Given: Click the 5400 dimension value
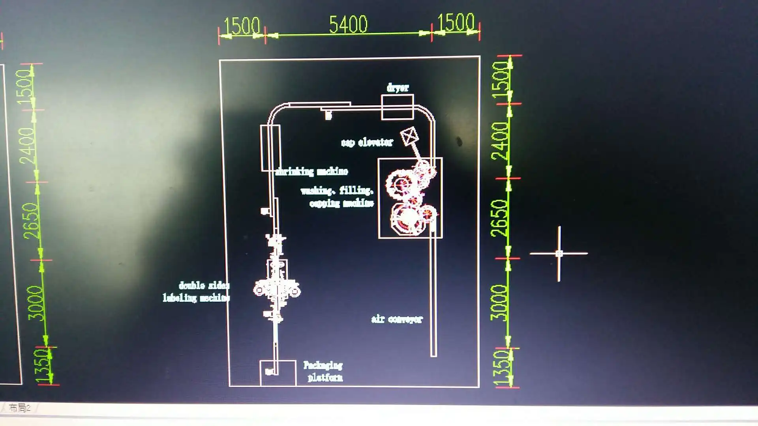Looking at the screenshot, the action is point(348,24).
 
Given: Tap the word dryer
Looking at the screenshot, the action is point(398,88).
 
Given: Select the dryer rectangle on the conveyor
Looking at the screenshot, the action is point(397,107).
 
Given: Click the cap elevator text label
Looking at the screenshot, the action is point(367,142).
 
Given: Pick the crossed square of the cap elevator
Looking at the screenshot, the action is point(409,136).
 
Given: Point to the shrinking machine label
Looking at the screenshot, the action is point(311,171).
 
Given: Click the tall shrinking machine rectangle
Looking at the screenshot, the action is point(270,148).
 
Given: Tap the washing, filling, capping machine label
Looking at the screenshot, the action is point(338,197).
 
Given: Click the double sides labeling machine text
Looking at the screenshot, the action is point(196,291).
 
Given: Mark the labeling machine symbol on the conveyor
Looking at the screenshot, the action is point(276,288).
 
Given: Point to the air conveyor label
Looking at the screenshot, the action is point(397,319).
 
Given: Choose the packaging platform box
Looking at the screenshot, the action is point(278,373).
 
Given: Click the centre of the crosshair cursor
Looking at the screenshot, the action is point(559,254).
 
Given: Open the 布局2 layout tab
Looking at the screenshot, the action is point(19,408).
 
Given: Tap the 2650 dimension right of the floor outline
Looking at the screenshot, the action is point(499,218).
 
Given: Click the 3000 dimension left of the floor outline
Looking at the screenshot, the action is point(36,303).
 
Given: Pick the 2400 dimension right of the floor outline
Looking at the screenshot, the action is point(499,140).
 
